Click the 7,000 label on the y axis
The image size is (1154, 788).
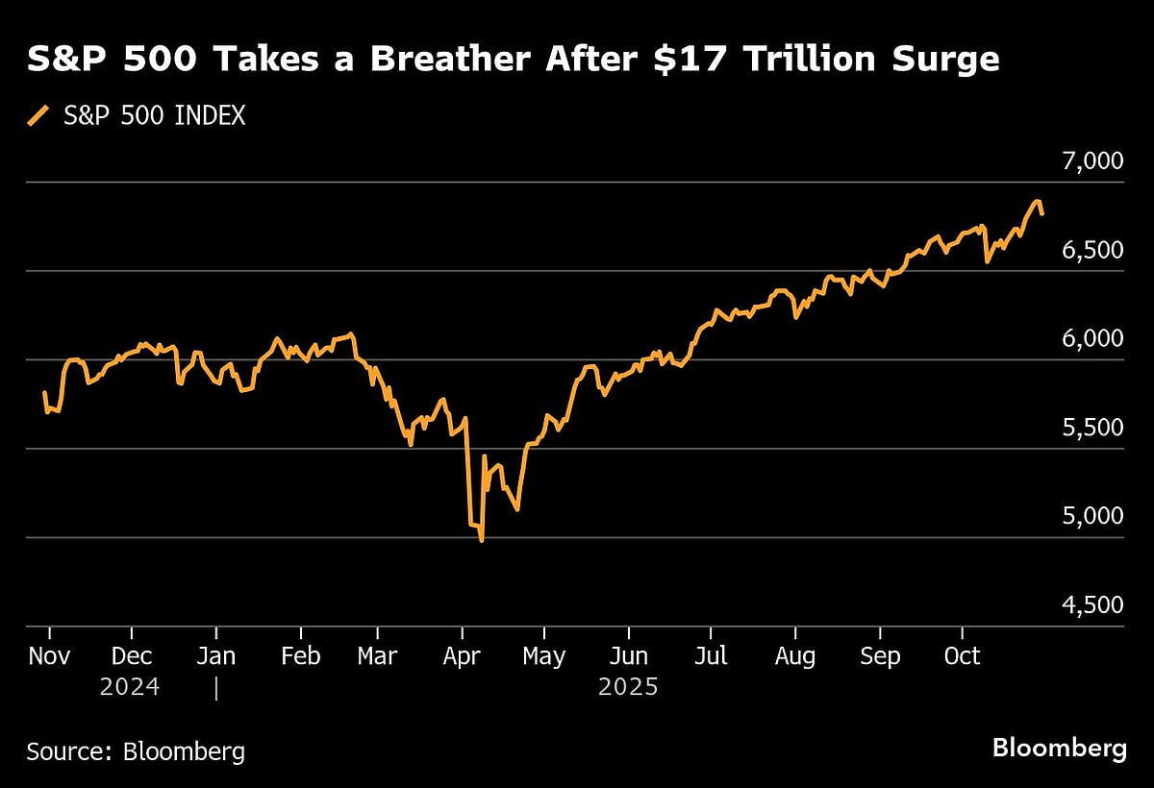click(x=1093, y=160)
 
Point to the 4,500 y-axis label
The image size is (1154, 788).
click(x=1093, y=604)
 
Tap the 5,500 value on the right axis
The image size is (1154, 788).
click(x=1093, y=427)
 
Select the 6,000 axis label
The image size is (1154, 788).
click(x=1093, y=338)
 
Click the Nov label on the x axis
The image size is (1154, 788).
click(x=48, y=655)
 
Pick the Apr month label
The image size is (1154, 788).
click(x=464, y=655)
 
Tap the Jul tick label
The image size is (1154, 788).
click(x=710, y=655)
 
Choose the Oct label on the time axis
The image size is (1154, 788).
click(x=962, y=655)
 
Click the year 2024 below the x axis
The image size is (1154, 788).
click(x=130, y=688)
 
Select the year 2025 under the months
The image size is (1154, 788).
click(x=628, y=688)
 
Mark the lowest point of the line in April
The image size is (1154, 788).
click(x=481, y=541)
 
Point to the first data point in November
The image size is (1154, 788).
click(x=44, y=392)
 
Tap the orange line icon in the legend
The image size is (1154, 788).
click(x=38, y=116)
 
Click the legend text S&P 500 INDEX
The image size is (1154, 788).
click(x=154, y=116)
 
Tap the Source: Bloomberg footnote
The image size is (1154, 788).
click(x=136, y=751)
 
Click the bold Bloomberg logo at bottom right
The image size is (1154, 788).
click(x=1059, y=748)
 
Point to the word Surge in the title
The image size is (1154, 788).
click(x=941, y=60)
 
